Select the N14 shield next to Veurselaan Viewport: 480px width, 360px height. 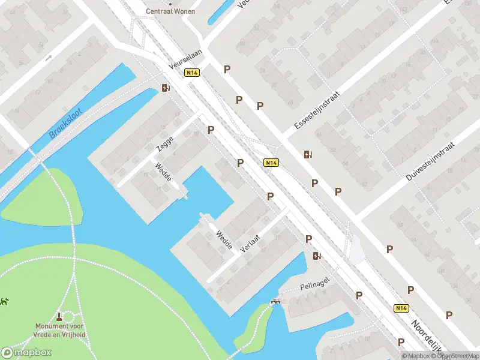[192, 73]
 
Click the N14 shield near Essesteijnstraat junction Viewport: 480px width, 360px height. [271, 163]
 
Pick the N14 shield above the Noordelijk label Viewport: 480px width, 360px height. [401, 308]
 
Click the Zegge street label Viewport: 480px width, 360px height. [164, 143]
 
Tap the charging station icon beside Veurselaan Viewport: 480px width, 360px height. [166, 88]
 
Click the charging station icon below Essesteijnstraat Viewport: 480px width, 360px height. [308, 154]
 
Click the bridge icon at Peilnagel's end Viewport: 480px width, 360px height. [275, 301]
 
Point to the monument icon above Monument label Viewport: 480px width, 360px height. [59, 316]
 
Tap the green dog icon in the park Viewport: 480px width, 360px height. [4, 301]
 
